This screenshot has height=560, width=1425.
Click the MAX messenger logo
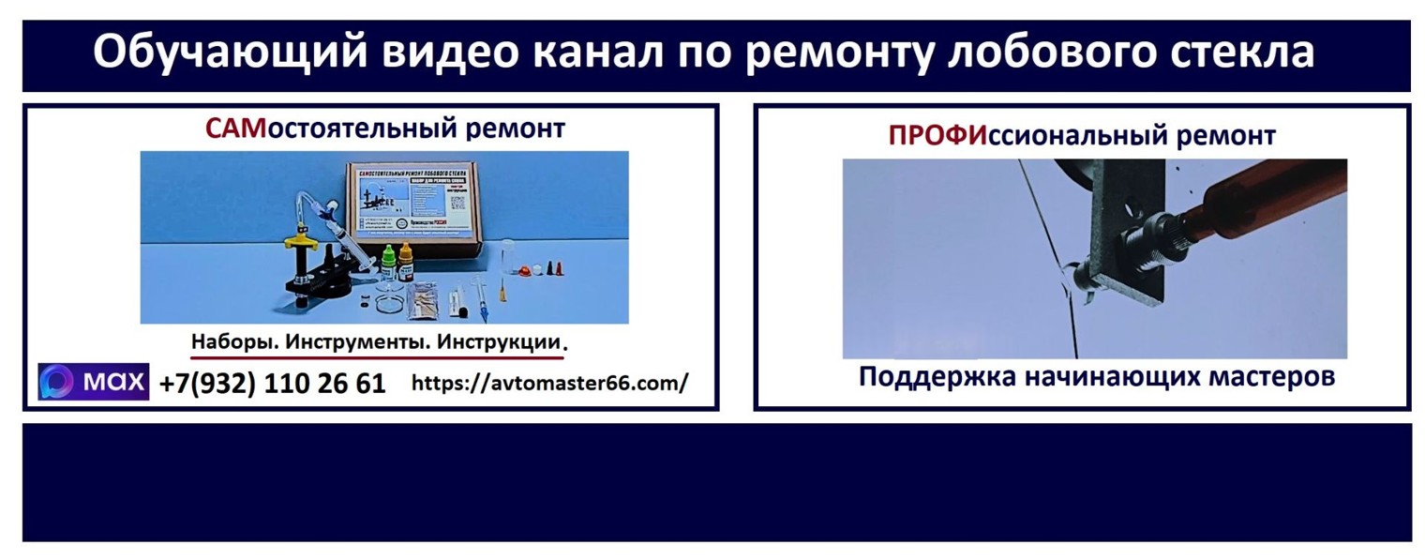94,382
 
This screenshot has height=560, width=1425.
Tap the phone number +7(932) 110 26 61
273,384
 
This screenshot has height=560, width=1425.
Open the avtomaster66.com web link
549,383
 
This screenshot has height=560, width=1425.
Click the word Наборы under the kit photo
233,342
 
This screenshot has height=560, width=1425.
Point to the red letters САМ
236,129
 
